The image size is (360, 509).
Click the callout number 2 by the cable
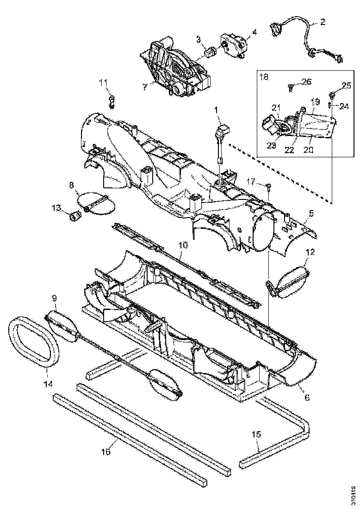[323, 21]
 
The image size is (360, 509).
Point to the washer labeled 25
[332, 96]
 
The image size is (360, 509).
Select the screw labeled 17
[269, 187]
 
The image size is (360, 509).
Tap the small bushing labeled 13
[73, 216]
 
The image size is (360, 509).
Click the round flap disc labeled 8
[95, 204]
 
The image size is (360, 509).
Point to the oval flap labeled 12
[289, 280]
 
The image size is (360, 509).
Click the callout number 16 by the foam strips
[106, 451]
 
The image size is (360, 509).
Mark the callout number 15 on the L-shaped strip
[256, 434]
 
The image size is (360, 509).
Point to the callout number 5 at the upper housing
[311, 213]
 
